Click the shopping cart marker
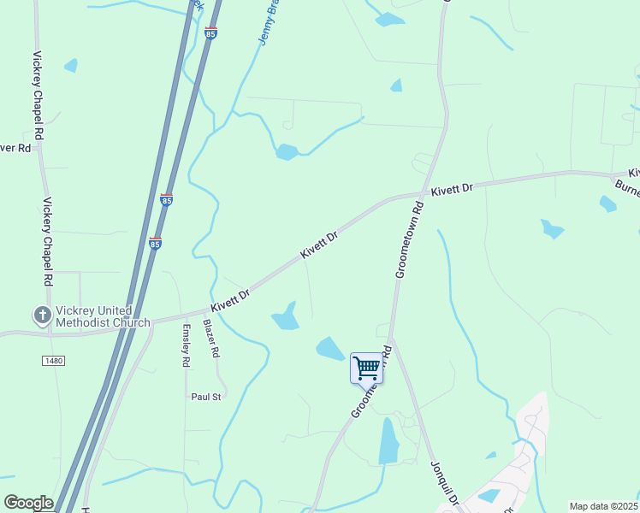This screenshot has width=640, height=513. point(366,369)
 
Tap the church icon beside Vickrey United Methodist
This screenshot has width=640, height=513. point(42,315)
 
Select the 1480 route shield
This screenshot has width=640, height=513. point(52,362)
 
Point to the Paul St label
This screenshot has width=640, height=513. point(206,397)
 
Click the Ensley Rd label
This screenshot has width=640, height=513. point(185,346)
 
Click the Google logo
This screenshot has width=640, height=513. point(28,502)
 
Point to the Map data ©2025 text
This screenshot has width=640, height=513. point(603,506)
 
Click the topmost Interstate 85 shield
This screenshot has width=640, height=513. point(210,33)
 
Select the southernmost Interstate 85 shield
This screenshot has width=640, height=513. point(155,243)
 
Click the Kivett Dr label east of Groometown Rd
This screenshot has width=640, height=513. point(452,189)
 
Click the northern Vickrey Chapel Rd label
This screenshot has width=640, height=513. point(38,96)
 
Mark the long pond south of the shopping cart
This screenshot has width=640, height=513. point(388,441)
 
